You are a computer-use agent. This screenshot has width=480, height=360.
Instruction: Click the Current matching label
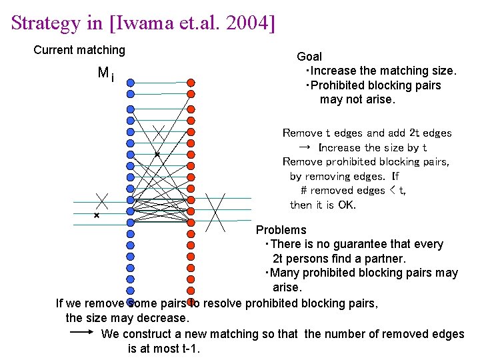pyautogui.click(x=79, y=50)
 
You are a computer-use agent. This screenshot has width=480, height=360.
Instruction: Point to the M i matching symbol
pyautogui.click(x=105, y=74)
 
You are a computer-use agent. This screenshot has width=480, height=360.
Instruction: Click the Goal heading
pyautogui.click(x=309, y=57)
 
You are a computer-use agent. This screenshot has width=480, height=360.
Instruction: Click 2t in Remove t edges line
pyautogui.click(x=395, y=133)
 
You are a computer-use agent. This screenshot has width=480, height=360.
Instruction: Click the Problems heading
pyautogui.click(x=281, y=230)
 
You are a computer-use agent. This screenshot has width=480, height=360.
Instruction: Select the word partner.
pyautogui.click(x=384, y=258)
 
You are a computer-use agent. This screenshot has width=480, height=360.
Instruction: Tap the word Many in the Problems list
pyautogui.click(x=283, y=273)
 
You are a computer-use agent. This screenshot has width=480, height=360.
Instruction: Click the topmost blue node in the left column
pyautogui.click(x=131, y=83)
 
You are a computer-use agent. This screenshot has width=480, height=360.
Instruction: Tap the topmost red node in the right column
pyautogui.click(x=191, y=83)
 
